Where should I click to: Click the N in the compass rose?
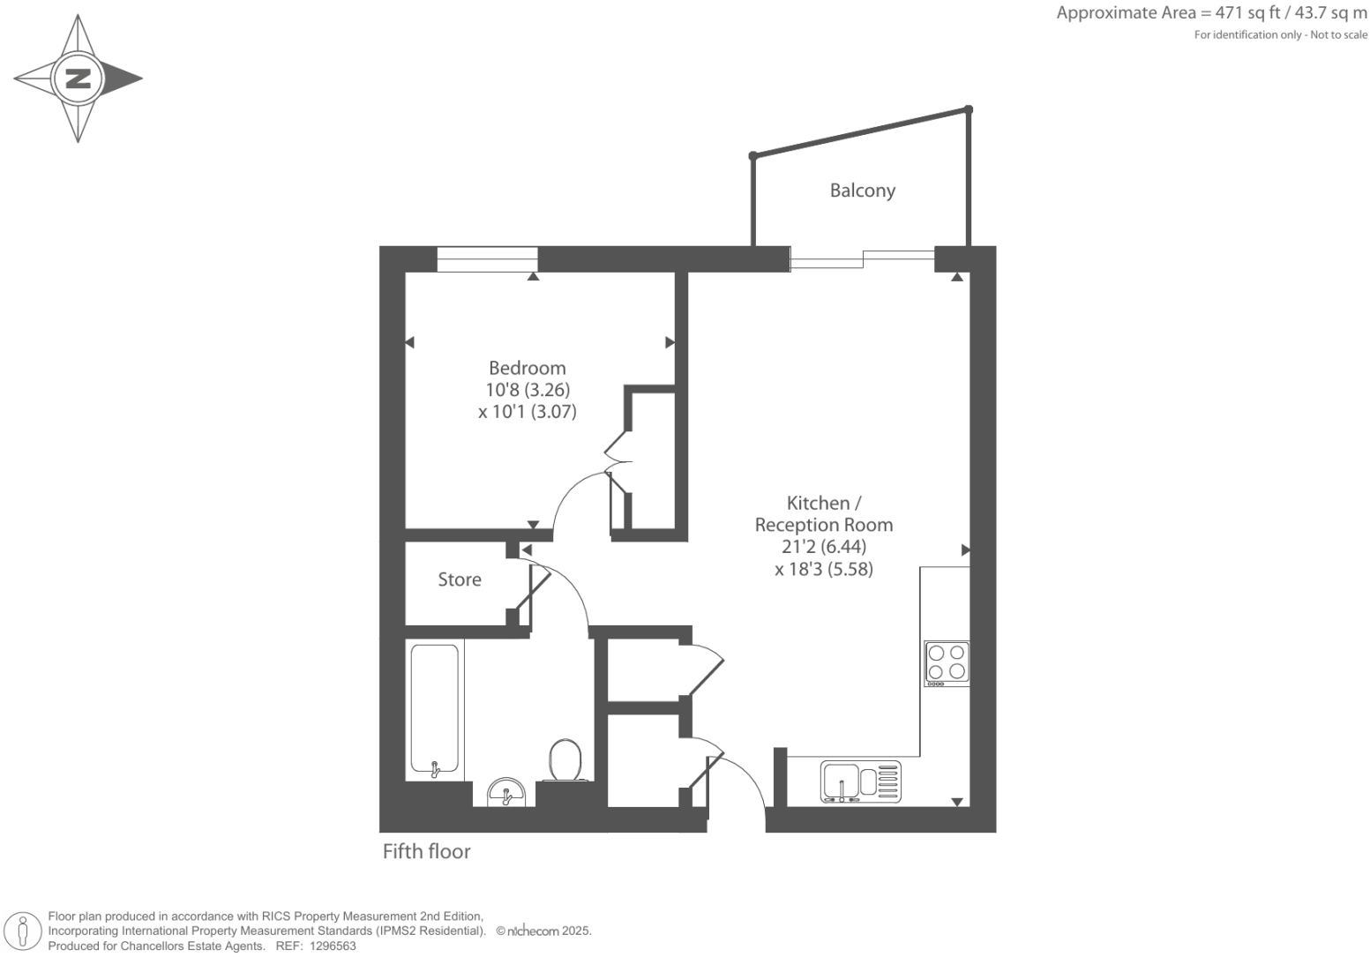[x=79, y=79]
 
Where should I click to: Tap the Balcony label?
[x=862, y=191]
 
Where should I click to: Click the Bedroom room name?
[x=527, y=368]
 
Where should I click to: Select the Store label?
[x=460, y=579]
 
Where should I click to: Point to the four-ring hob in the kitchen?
[x=947, y=663]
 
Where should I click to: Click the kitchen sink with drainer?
[x=860, y=781]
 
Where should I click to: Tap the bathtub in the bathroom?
[x=434, y=710]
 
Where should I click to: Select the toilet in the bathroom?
[x=565, y=760]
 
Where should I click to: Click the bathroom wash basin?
[x=506, y=792]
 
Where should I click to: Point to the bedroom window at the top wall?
[x=487, y=259]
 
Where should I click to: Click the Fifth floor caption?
[x=426, y=851]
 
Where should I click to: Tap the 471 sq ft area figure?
[x=1249, y=13]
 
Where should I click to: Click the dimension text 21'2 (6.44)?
[x=823, y=547]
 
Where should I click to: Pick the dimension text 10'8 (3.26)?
[x=528, y=390]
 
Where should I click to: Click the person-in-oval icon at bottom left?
[x=24, y=931]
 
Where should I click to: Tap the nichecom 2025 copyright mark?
[x=543, y=931]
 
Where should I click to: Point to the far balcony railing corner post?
[x=969, y=109]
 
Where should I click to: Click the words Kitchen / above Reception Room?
[x=823, y=503]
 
